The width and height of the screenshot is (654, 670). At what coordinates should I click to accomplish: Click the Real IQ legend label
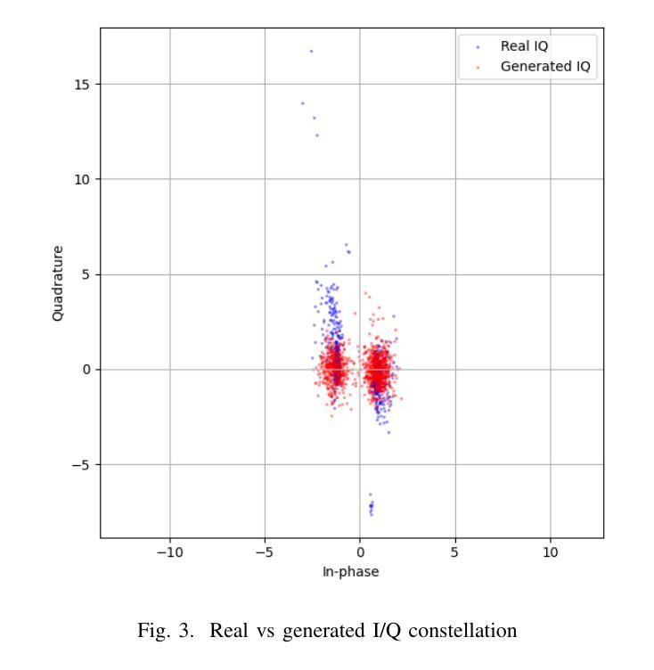click(524, 46)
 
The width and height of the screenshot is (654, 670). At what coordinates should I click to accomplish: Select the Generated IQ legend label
click(544, 66)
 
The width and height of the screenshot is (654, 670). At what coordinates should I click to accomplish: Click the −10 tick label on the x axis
click(169, 552)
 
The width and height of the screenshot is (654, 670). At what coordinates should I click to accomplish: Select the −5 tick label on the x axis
click(265, 552)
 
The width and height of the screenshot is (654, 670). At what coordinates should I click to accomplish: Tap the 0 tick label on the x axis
click(360, 552)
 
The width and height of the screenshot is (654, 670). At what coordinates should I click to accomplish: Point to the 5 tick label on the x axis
click(455, 552)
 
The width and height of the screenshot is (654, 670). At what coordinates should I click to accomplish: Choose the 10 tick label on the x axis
click(551, 552)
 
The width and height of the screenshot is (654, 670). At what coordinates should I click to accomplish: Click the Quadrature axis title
click(58, 283)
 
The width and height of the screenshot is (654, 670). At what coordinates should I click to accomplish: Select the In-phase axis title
click(350, 572)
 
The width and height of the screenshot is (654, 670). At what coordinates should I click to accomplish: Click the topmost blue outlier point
click(311, 51)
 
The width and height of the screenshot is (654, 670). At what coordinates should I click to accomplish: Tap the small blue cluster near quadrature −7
click(371, 507)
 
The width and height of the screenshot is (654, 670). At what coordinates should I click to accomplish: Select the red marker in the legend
click(478, 67)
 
